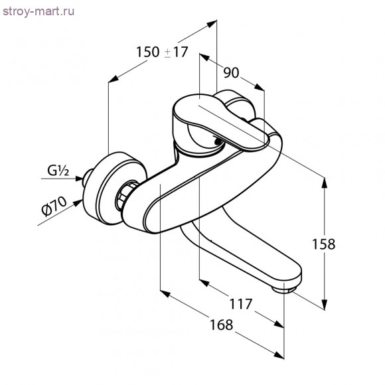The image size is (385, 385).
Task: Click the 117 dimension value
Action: [x=240, y=304]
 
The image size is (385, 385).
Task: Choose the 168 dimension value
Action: [x=220, y=325]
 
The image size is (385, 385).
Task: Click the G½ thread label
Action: [x=59, y=171]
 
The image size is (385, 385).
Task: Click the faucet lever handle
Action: [x=219, y=119]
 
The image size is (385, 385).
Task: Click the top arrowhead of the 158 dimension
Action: [x=325, y=183]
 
